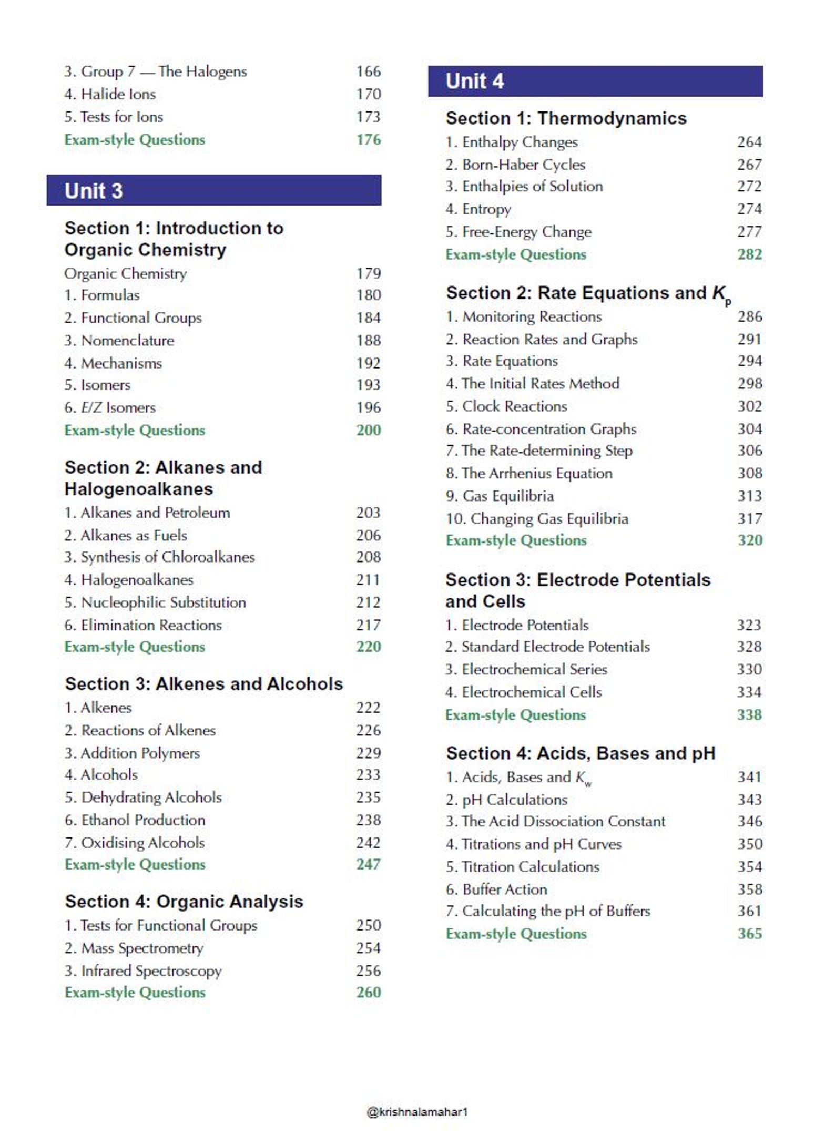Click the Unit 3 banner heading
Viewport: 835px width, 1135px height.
point(94,191)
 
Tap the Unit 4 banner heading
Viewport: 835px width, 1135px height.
point(474,81)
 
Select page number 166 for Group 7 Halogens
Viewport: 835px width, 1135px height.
point(368,71)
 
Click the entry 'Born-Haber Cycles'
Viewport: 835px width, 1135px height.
point(515,165)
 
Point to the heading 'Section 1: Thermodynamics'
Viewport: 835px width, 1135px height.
point(566,118)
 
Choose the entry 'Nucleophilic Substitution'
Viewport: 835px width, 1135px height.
point(155,602)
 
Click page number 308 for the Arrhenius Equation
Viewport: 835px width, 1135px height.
point(749,473)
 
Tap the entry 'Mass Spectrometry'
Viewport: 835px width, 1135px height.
point(134,948)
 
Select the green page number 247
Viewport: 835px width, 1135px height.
point(368,864)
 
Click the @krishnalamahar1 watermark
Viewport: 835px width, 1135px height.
point(417,1111)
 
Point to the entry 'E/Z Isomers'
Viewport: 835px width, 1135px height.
point(110,407)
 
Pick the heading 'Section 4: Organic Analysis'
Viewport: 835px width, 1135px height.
point(184,902)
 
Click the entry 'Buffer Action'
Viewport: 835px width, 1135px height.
point(496,889)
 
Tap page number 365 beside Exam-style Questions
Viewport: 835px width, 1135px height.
point(749,934)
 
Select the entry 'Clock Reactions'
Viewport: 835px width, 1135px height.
point(506,406)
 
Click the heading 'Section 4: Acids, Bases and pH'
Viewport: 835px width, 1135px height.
point(581,753)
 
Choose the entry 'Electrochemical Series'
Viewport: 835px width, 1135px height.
point(526,669)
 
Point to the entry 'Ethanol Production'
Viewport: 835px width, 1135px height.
point(135,820)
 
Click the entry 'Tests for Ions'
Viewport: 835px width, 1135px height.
point(114,117)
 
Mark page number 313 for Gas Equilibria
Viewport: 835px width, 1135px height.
point(749,496)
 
